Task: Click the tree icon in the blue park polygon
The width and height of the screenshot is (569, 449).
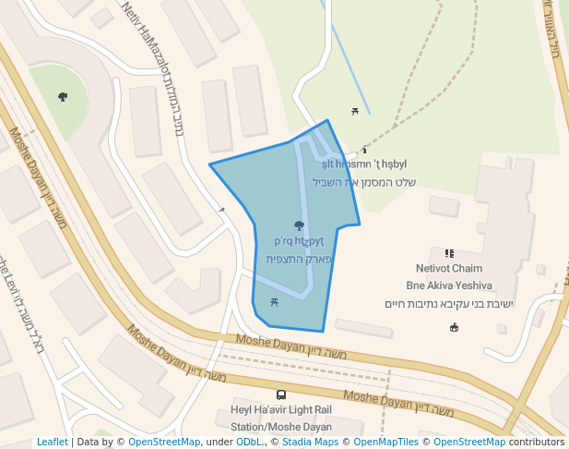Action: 298,224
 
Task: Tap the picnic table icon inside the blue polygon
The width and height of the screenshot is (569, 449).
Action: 274,302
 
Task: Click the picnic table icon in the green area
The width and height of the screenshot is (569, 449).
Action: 354,112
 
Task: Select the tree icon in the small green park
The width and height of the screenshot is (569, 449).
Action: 63,96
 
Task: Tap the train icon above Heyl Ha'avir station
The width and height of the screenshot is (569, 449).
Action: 280,394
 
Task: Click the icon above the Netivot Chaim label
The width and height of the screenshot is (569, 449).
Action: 449,253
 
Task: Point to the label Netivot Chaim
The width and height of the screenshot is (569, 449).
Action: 449,268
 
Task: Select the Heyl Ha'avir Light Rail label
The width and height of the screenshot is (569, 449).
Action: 279,411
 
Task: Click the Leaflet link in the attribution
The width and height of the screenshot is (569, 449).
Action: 52,443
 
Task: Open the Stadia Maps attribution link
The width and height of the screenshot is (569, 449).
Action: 310,443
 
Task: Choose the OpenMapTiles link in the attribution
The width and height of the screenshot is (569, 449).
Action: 385,443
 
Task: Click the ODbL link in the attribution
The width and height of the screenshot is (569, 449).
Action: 249,443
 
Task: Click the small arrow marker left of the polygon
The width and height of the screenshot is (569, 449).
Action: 221,210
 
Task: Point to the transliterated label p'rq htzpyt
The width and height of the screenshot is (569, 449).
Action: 299,241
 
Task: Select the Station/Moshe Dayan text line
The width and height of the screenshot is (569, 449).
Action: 280,427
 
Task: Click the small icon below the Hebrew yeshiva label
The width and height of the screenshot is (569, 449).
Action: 454,327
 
